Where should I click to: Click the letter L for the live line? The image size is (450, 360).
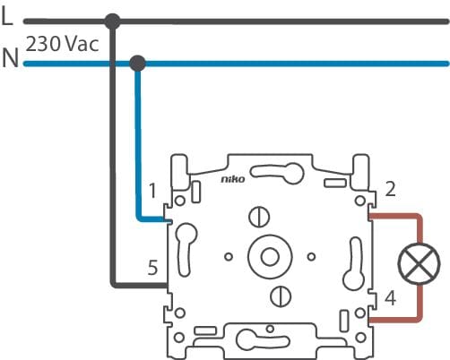click(x=7, y=16)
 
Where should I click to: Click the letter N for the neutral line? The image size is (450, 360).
click(x=10, y=58)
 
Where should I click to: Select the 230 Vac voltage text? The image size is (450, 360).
click(x=62, y=44)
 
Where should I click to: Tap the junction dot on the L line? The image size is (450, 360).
click(x=113, y=21)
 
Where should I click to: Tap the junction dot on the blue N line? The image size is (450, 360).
click(x=138, y=64)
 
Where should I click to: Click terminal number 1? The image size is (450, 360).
click(x=152, y=191)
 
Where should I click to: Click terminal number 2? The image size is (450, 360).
click(x=390, y=189)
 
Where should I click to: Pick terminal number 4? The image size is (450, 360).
click(x=390, y=298)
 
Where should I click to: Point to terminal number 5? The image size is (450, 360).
click(x=152, y=268)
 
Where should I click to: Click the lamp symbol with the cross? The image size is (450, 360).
click(x=420, y=264)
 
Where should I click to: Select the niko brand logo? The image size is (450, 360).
click(x=233, y=179)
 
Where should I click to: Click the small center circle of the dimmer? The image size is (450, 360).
click(x=270, y=257)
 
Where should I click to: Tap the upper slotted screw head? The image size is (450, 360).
click(x=259, y=217)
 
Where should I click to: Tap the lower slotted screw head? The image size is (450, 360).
click(x=281, y=296)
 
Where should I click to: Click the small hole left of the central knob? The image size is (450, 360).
click(x=229, y=257)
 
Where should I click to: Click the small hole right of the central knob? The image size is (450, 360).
click(x=311, y=257)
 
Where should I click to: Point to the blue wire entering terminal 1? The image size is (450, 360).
click(x=138, y=143)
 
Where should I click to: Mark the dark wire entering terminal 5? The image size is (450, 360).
click(x=113, y=155)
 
